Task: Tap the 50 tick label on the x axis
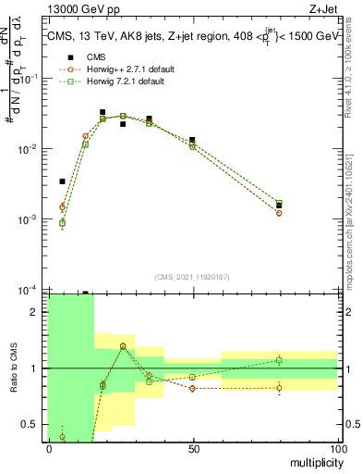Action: click(x=192, y=448)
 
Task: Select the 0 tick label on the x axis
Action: click(x=48, y=448)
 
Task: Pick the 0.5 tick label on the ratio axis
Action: click(x=32, y=425)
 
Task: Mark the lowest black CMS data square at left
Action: click(x=62, y=181)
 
